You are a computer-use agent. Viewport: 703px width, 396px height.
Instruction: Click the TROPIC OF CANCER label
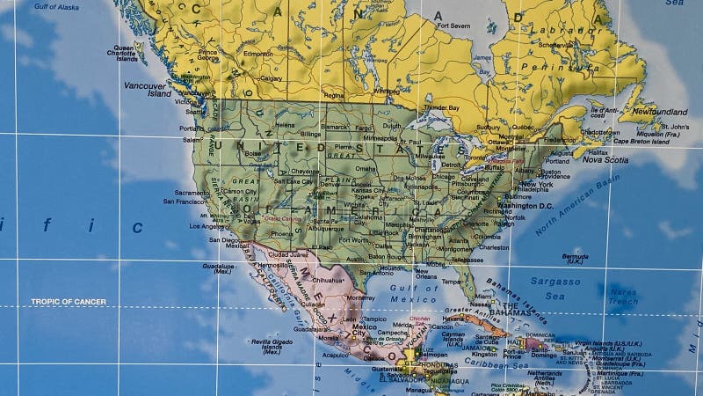tap(69, 302)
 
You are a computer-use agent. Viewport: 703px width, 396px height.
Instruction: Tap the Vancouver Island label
tap(146, 89)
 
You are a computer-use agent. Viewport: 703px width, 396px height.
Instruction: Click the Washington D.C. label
tap(525, 206)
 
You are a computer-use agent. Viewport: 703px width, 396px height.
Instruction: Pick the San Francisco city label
tap(184, 202)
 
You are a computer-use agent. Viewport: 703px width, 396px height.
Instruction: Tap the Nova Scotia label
tap(605, 160)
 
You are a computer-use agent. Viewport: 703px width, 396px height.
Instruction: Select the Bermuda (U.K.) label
tap(575, 259)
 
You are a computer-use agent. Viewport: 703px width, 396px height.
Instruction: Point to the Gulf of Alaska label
tap(57, 7)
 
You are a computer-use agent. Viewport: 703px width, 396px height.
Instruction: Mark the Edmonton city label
tap(258, 54)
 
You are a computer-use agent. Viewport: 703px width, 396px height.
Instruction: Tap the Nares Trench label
tap(622, 297)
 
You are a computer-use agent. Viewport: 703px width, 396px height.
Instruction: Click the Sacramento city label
tap(192, 192)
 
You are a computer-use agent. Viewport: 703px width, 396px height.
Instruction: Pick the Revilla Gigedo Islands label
tap(272, 344)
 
